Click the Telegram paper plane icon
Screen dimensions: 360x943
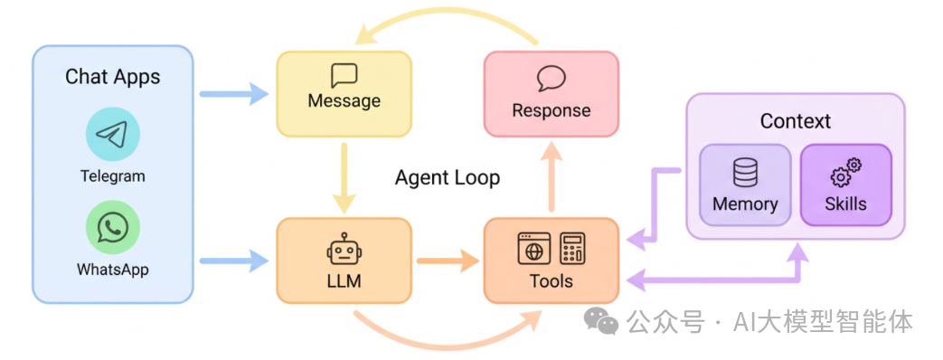tap(112, 135)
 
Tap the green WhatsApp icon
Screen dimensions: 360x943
tap(112, 227)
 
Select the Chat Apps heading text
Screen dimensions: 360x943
tap(112, 77)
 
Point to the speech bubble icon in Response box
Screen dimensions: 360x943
tap(551, 79)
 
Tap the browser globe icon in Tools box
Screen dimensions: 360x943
tap(533, 248)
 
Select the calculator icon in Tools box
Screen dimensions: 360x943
tap(571, 248)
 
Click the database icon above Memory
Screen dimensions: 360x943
tap(745, 172)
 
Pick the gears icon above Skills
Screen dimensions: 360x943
tap(845, 171)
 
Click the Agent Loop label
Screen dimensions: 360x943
tap(447, 177)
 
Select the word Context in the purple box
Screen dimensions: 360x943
tap(795, 121)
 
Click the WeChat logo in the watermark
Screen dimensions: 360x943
tap(601, 320)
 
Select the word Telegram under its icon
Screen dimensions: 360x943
tap(112, 176)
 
